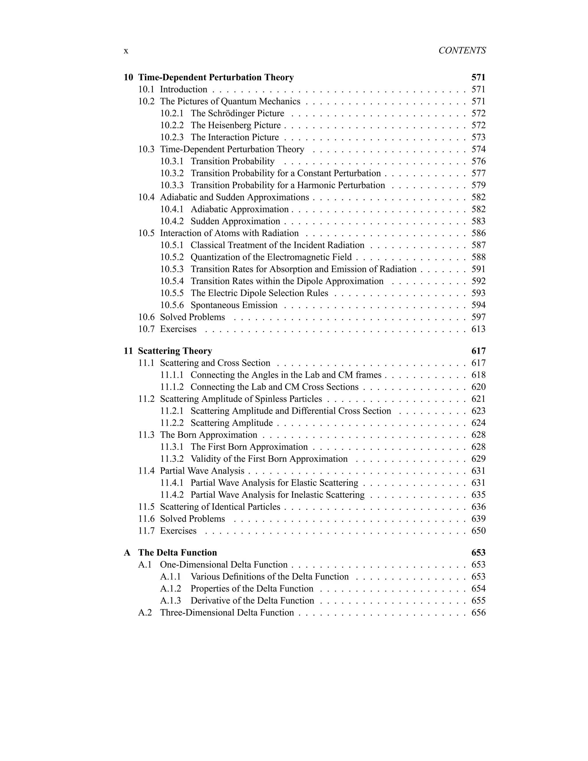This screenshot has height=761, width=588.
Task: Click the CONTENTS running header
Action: (462, 51)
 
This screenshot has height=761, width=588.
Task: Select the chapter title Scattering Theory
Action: (175, 351)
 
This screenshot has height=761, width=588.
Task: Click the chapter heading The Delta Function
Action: (177, 553)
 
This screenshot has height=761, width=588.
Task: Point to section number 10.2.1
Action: (172, 114)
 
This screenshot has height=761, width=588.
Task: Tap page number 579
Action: (478, 186)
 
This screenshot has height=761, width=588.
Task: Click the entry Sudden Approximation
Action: (235, 221)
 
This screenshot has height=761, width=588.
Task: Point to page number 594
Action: (478, 305)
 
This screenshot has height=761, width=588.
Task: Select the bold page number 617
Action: (478, 351)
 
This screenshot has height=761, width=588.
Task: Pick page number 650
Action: (478, 531)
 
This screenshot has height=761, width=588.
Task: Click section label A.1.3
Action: (171, 601)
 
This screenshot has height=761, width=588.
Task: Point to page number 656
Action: (478, 613)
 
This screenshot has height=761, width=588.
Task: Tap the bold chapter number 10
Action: (128, 77)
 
